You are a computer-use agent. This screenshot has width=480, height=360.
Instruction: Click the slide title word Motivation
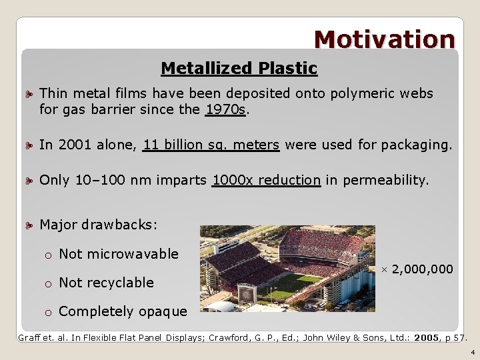(385, 39)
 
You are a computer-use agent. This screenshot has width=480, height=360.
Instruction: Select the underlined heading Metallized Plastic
(239, 68)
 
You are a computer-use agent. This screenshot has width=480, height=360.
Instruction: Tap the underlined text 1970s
(225, 109)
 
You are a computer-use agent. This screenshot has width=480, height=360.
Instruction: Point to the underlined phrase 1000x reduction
(266, 180)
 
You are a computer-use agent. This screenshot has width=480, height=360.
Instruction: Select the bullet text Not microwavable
(119, 254)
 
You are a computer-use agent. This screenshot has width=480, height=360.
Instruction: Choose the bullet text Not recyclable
(106, 283)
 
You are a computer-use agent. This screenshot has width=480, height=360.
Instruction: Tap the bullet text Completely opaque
(123, 311)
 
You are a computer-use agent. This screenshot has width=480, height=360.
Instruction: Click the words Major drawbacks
(98, 225)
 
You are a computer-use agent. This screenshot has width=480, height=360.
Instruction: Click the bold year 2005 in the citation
(426, 338)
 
